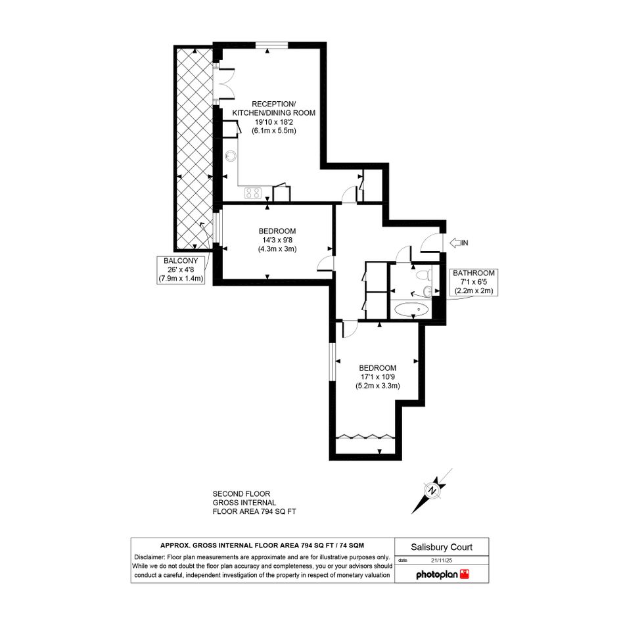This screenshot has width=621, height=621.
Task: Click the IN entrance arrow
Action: [455, 242]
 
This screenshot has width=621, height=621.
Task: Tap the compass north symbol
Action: [432, 491]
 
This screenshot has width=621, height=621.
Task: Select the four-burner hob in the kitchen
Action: [253, 193]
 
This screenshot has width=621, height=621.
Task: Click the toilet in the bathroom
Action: [424, 274]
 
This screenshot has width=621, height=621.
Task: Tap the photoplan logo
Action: [442, 574]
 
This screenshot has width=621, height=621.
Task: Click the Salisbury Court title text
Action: [442, 547]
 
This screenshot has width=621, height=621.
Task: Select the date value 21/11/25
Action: [442, 561]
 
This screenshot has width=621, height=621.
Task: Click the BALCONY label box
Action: [181, 269]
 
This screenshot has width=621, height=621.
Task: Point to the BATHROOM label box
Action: [474, 282]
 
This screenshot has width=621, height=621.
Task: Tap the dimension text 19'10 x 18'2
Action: [274, 122]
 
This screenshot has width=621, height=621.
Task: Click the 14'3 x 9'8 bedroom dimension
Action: [277, 240]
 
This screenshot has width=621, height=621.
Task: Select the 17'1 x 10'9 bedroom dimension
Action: [377, 377]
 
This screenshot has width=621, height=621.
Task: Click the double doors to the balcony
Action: [224, 83]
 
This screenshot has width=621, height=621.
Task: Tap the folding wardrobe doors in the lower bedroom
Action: [365, 436]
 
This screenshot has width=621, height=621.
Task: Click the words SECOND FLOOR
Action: [242, 494]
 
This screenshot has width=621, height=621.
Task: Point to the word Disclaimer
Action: [149, 557]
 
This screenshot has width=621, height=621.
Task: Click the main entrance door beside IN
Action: [431, 242]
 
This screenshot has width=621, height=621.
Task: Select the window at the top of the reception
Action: [271, 45]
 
